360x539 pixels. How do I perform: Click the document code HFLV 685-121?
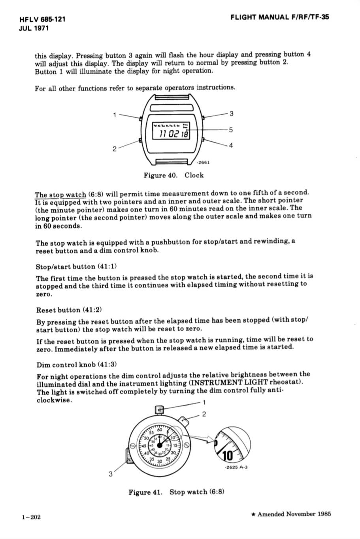pos(42,19)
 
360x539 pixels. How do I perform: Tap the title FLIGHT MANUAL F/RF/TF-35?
pos(280,17)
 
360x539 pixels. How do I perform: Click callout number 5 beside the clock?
pos(231,130)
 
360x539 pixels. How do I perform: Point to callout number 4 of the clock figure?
pos(231,145)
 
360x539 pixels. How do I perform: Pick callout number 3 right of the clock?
pos(232,114)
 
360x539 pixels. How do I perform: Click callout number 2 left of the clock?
pos(114,149)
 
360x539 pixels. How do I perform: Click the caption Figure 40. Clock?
pos(173,175)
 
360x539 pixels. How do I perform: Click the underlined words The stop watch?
pos(60,195)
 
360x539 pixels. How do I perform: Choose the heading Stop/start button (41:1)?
pos(76,267)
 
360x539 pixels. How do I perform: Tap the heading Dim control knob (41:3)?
pos(77,364)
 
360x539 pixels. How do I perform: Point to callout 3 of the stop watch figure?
pos(111,473)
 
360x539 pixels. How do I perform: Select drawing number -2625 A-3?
pos(236,468)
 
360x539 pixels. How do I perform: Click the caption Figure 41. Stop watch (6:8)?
pos(176,492)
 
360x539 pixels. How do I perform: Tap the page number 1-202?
pos(32,517)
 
